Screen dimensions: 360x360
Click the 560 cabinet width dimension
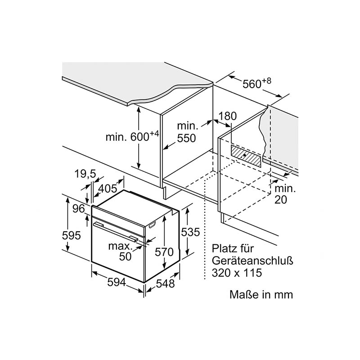tap(257, 83)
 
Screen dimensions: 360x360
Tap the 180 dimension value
tap(227, 116)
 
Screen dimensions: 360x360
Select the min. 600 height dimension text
tap(132, 136)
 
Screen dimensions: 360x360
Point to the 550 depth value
tap(186, 138)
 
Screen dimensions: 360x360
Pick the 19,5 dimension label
tap(85, 174)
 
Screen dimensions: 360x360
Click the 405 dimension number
tap(108, 189)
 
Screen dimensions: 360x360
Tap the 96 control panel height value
tap(79, 209)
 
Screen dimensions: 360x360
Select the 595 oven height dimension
tap(72, 235)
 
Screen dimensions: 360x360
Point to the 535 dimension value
tap(190, 232)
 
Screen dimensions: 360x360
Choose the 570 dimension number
tap(164, 252)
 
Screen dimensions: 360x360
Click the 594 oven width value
tap(117, 283)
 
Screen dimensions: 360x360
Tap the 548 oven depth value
tap(165, 284)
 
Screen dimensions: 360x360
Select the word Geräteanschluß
tap(252, 261)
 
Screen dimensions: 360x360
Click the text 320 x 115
tap(237, 273)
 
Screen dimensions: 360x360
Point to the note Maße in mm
tap(261, 295)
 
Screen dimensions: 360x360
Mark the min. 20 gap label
tap(285, 194)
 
